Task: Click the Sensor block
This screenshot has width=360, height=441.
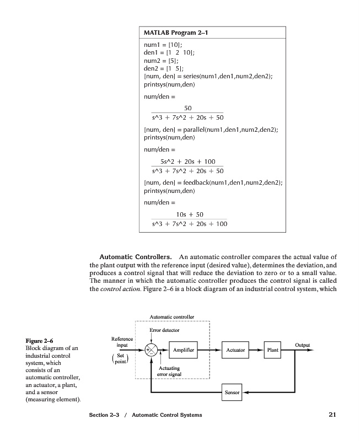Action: point(232,392)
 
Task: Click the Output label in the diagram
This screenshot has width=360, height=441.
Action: point(303,345)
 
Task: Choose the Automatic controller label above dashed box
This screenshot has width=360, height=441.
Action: point(172,317)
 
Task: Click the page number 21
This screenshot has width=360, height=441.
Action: point(332,415)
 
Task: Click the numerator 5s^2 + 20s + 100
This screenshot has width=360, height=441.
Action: point(187,162)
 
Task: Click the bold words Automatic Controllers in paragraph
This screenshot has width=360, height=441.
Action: point(135,257)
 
